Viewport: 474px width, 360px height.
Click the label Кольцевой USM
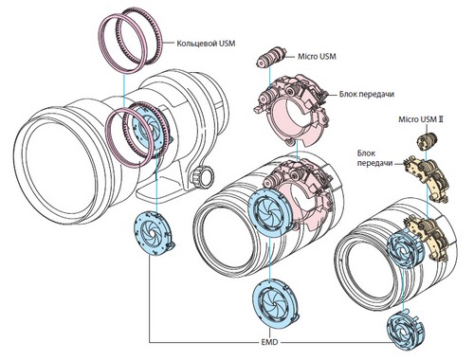[x=206, y=43]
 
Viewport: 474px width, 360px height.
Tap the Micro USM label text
[x=317, y=57]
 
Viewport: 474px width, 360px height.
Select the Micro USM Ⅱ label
[x=421, y=119]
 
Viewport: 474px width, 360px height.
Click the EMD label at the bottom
[x=269, y=342]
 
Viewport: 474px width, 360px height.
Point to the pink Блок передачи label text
[x=367, y=94]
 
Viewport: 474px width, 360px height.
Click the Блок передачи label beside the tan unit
[x=375, y=158]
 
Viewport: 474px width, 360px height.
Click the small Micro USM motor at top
[x=271, y=58]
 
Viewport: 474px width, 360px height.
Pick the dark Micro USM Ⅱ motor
[x=427, y=140]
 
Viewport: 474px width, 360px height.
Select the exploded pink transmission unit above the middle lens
[x=293, y=110]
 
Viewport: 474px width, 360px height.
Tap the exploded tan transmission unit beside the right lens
[x=427, y=177]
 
